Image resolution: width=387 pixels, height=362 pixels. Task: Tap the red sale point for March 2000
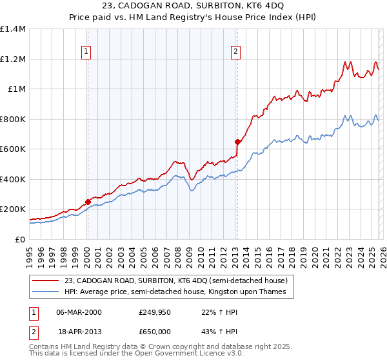[88, 202]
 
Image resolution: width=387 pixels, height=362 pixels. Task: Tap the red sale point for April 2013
[237, 142]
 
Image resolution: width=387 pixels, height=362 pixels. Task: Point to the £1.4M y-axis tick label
[13, 29]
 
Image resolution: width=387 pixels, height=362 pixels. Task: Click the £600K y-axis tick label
[13, 149]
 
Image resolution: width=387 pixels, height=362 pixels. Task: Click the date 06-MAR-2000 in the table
[79, 312]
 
